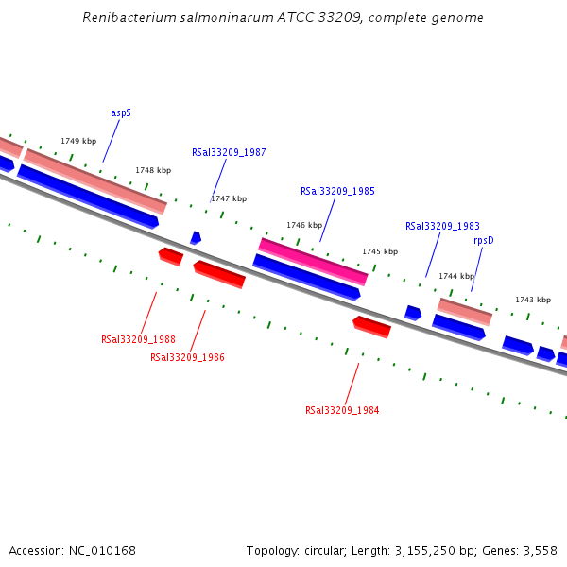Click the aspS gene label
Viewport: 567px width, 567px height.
[x=121, y=112]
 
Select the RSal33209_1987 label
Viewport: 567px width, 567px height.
[x=229, y=152]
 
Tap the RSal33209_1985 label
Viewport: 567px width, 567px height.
[x=337, y=191]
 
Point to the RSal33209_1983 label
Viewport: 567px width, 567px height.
[x=442, y=226]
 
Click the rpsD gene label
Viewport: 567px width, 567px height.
[x=484, y=240]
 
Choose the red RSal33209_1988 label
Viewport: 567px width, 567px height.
[x=138, y=339]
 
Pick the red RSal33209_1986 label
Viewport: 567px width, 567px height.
[x=187, y=357]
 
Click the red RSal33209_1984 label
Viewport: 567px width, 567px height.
[x=342, y=410]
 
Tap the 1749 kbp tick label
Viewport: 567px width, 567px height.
[x=78, y=141]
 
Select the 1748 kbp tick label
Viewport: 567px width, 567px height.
[x=153, y=170]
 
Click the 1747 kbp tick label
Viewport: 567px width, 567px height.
[x=229, y=198]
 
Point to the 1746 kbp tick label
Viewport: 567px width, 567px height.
[x=304, y=226]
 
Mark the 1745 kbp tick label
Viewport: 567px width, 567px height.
[x=380, y=251]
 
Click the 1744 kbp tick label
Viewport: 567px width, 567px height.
[x=456, y=276]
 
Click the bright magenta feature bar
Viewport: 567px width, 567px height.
[x=313, y=261]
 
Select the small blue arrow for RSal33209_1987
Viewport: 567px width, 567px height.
[x=196, y=238]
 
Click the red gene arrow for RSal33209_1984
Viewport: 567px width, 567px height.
[x=371, y=327]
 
